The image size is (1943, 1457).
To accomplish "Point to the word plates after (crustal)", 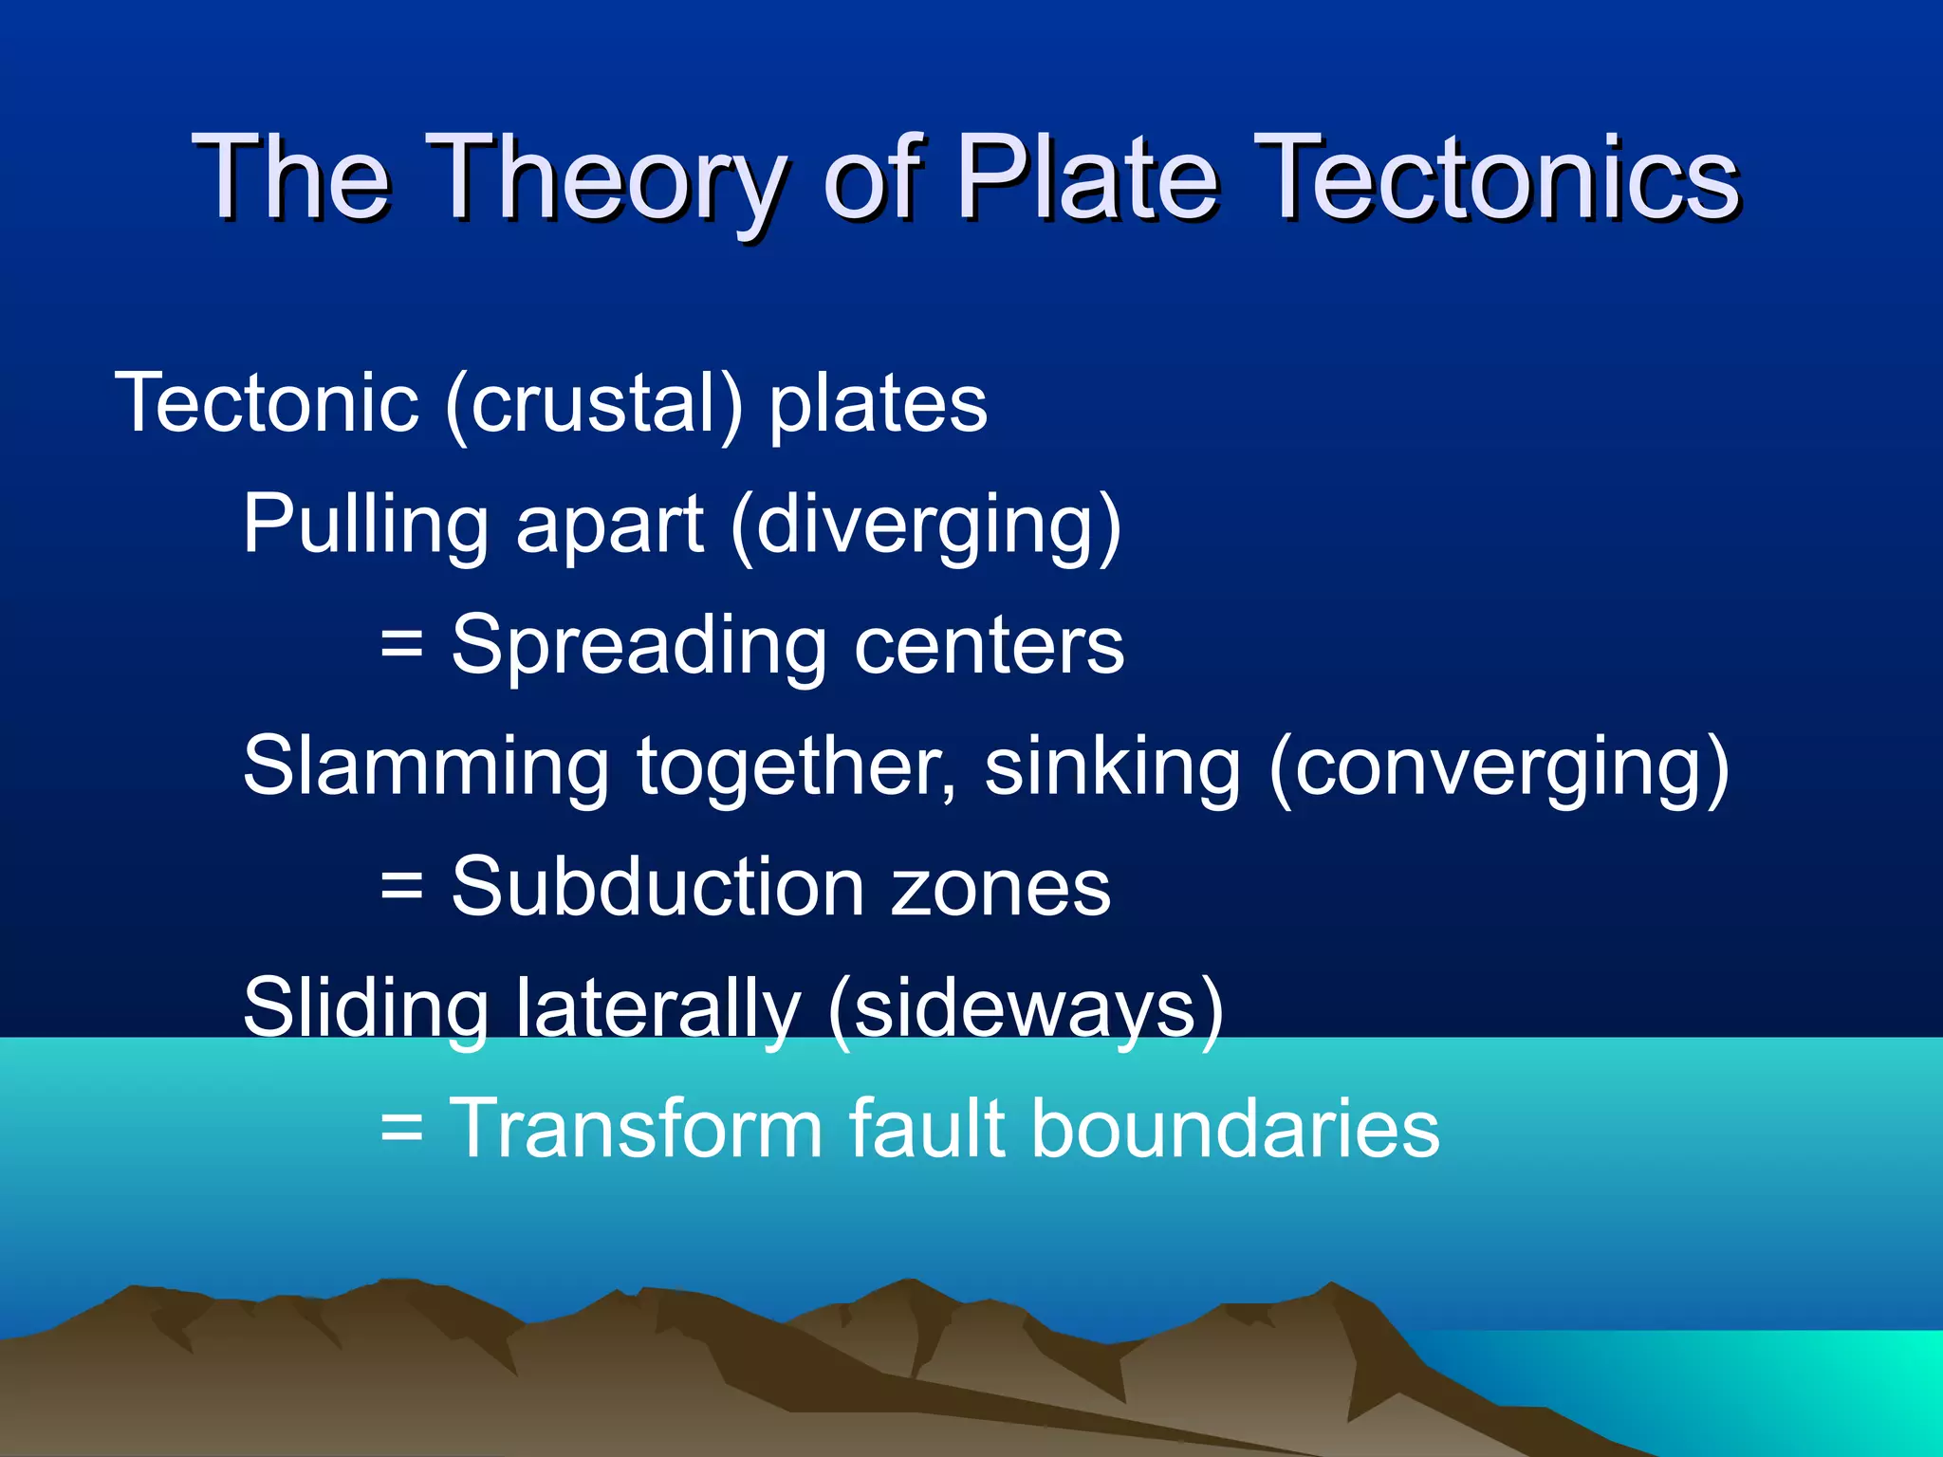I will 879,404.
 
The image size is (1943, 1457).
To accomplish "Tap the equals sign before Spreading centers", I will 400,645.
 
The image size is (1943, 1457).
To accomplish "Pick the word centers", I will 989,645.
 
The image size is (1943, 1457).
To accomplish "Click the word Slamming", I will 426,766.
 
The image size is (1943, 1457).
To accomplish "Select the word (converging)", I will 1499,766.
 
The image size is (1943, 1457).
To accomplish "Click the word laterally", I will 658,1007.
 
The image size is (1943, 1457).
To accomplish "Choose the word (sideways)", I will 1026,1007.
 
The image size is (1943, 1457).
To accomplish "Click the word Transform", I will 635,1129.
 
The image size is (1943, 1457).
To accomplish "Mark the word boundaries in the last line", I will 1234,1129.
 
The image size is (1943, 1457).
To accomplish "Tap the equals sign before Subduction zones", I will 400,887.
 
